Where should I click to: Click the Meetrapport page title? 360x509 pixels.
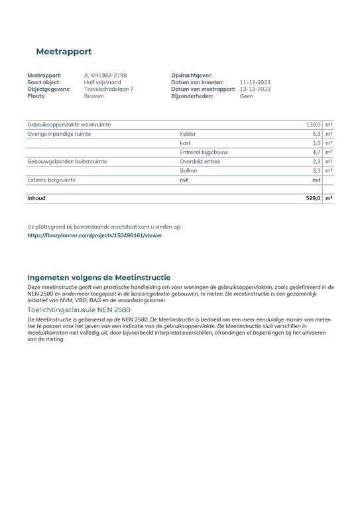tap(64, 51)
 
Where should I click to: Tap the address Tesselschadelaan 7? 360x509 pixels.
tap(109, 89)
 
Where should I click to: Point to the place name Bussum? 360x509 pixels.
tap(94, 95)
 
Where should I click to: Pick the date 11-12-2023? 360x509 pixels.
tap(255, 83)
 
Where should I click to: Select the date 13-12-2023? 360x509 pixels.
tap(255, 89)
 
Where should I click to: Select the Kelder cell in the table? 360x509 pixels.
tap(188, 134)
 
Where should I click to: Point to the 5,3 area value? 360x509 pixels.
tap(316, 134)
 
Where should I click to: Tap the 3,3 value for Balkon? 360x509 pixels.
tap(316, 170)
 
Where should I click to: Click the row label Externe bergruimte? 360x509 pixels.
tap(51, 180)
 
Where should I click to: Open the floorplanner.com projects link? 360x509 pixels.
tap(95, 235)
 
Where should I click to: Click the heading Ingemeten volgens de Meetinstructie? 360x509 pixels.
tap(99, 277)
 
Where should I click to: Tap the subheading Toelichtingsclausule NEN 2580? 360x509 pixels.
tap(79, 310)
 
